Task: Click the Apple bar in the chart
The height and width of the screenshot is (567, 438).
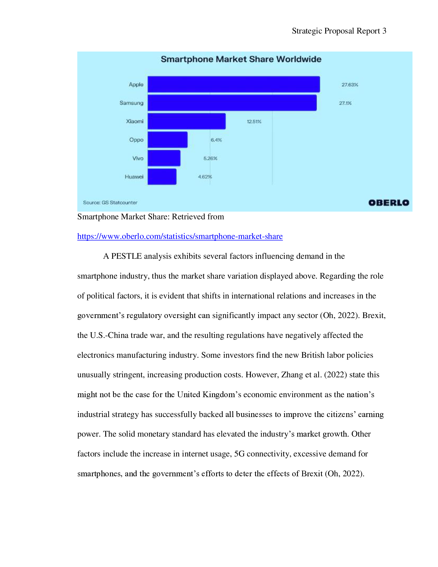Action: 233,84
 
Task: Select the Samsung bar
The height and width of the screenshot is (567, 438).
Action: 232,103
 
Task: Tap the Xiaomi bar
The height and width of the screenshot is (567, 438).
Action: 187,121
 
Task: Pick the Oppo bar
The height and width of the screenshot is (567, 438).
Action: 168,140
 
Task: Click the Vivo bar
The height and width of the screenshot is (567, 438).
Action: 164,158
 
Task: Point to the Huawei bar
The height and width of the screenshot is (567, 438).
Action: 162,177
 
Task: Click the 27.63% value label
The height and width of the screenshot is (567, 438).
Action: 350,85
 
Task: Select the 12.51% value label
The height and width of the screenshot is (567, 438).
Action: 254,121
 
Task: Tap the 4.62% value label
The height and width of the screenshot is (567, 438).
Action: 205,177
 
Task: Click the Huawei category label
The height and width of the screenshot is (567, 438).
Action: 134,177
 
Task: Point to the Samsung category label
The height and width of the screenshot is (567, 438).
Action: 131,103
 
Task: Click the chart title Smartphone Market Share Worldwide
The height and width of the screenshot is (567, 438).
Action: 241,59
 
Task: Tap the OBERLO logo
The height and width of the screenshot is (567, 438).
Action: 389,203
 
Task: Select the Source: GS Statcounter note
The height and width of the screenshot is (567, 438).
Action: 110,203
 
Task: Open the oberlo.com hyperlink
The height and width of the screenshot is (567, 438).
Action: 180,236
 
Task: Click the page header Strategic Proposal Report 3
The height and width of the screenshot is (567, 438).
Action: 339,31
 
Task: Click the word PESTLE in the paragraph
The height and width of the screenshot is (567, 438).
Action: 126,256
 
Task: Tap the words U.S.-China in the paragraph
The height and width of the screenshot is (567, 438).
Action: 109,335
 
